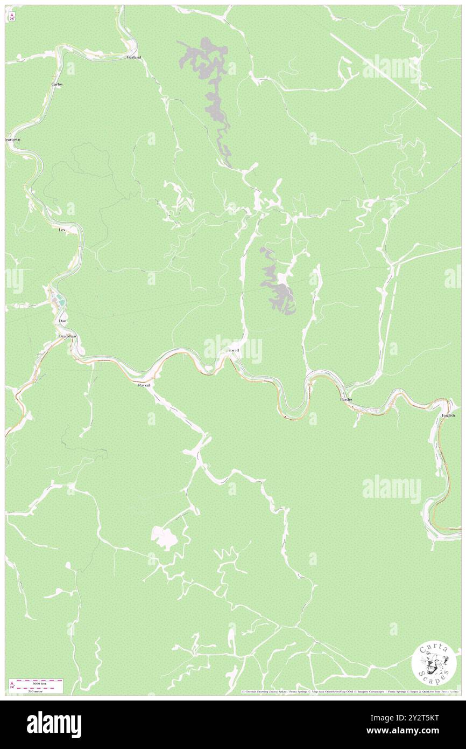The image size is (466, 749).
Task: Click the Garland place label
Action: tap(133, 57)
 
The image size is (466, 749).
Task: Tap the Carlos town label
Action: tap(58, 85)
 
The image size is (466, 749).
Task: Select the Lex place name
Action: tap(62, 230)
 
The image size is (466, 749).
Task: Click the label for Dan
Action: tap(62, 321)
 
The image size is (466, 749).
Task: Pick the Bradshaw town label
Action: tap(68, 336)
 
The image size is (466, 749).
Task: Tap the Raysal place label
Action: tap(144, 386)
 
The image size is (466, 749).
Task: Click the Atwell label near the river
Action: tap(232, 350)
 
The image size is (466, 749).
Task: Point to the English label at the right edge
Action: tap(448, 415)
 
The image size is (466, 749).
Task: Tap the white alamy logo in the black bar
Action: tap(54, 724)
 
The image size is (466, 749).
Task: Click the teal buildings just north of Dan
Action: tap(60, 302)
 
